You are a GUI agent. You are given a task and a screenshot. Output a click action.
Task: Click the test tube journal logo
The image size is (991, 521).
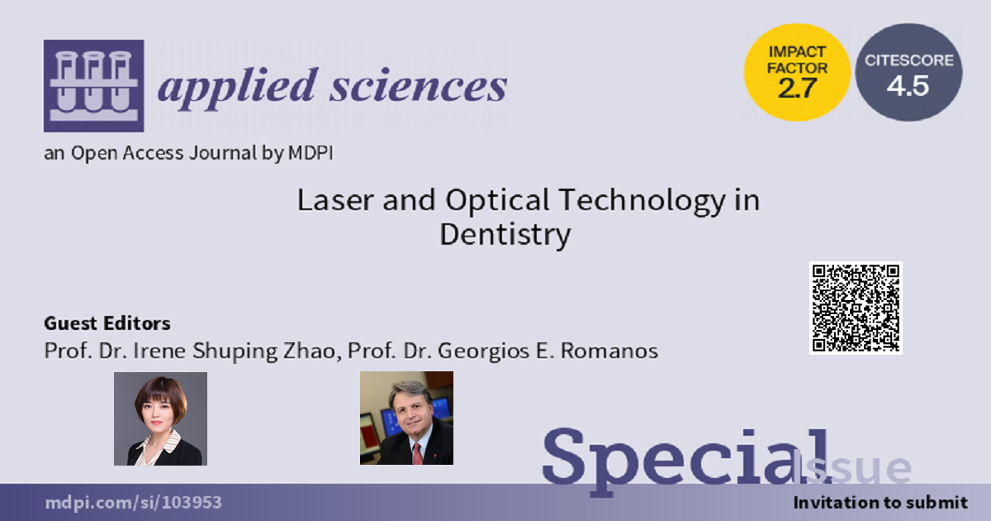tap(93, 86)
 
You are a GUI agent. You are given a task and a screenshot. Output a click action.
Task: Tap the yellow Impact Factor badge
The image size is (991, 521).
tap(797, 72)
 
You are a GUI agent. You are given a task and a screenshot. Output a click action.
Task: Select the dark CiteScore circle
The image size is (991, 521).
tap(908, 72)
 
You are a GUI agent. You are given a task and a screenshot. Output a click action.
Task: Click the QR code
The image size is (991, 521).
tap(856, 308)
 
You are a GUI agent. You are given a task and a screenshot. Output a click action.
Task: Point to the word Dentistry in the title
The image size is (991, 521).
tap(505, 235)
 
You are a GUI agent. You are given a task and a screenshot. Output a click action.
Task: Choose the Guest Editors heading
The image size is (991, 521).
tap(107, 323)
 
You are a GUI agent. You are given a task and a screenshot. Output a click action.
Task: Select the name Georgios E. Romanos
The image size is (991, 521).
tap(548, 351)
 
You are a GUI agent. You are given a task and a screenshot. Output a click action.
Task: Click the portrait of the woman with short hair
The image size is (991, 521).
tap(160, 418)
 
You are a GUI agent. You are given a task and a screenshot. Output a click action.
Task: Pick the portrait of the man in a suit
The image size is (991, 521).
tap(406, 418)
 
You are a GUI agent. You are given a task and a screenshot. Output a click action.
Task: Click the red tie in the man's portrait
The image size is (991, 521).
tap(417, 453)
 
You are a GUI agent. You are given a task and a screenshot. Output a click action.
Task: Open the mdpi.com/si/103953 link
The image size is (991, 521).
tap(133, 503)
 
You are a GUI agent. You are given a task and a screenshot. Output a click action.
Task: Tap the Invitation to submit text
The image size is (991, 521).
tap(880, 503)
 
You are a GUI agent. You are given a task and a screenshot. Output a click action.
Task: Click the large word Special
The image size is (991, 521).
tap(686, 457)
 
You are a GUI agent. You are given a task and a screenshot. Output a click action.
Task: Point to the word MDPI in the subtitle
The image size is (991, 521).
tap(311, 153)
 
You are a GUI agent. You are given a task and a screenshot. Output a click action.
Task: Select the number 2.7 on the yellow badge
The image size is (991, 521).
tap(797, 88)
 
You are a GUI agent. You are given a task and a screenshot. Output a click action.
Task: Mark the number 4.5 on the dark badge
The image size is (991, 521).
tap(908, 85)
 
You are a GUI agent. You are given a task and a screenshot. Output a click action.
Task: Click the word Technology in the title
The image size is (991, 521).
tap(642, 201)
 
